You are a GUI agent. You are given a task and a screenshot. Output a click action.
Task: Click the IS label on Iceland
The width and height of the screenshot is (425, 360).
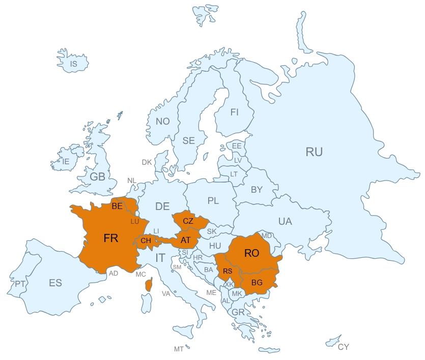click(x=73, y=64)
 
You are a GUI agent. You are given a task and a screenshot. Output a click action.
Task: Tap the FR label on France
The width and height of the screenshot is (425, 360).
click(x=110, y=238)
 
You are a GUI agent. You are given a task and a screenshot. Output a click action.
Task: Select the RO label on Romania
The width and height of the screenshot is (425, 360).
click(x=252, y=253)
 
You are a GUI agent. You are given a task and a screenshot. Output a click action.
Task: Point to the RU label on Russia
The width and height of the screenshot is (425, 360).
click(x=314, y=152)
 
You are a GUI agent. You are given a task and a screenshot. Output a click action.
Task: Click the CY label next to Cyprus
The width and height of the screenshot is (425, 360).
click(x=344, y=347)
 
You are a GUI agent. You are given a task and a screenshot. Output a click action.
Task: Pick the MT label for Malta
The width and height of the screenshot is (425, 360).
click(x=178, y=349)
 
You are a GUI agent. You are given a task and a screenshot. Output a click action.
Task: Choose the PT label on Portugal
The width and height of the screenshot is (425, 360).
click(x=20, y=284)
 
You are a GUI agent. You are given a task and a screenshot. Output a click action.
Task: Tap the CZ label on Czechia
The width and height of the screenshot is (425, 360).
click(x=188, y=221)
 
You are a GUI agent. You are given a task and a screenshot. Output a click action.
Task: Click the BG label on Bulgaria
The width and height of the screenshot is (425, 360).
click(x=257, y=283)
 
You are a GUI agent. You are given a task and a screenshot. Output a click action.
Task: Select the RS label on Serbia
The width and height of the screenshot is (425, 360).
click(x=228, y=271)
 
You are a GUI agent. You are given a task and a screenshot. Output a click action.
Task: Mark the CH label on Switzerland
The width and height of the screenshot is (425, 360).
click(x=146, y=241)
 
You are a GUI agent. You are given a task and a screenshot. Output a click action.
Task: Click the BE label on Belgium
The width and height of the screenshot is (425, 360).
click(x=117, y=206)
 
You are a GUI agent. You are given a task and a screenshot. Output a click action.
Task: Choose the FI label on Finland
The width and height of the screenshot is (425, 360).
click(x=234, y=112)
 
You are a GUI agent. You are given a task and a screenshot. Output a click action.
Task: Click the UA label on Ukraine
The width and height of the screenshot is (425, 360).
click(x=285, y=221)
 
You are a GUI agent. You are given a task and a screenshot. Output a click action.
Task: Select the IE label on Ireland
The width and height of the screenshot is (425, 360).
click(x=65, y=161)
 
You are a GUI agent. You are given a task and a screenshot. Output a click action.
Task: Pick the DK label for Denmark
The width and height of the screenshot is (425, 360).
click(x=147, y=162)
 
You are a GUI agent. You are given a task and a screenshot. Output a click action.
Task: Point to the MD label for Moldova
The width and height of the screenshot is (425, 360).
click(x=267, y=236)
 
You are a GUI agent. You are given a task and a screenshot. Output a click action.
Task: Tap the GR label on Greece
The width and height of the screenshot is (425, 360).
click(x=238, y=312)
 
